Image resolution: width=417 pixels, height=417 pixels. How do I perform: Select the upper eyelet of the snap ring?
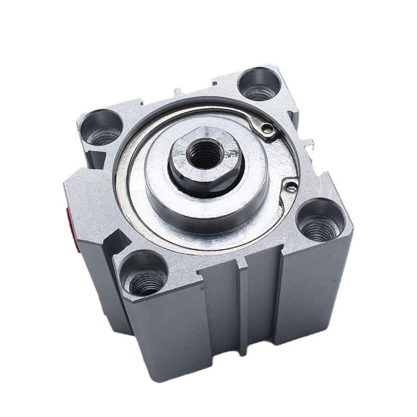coord(267,128)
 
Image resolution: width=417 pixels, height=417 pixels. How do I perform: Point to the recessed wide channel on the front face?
coord(261,313)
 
